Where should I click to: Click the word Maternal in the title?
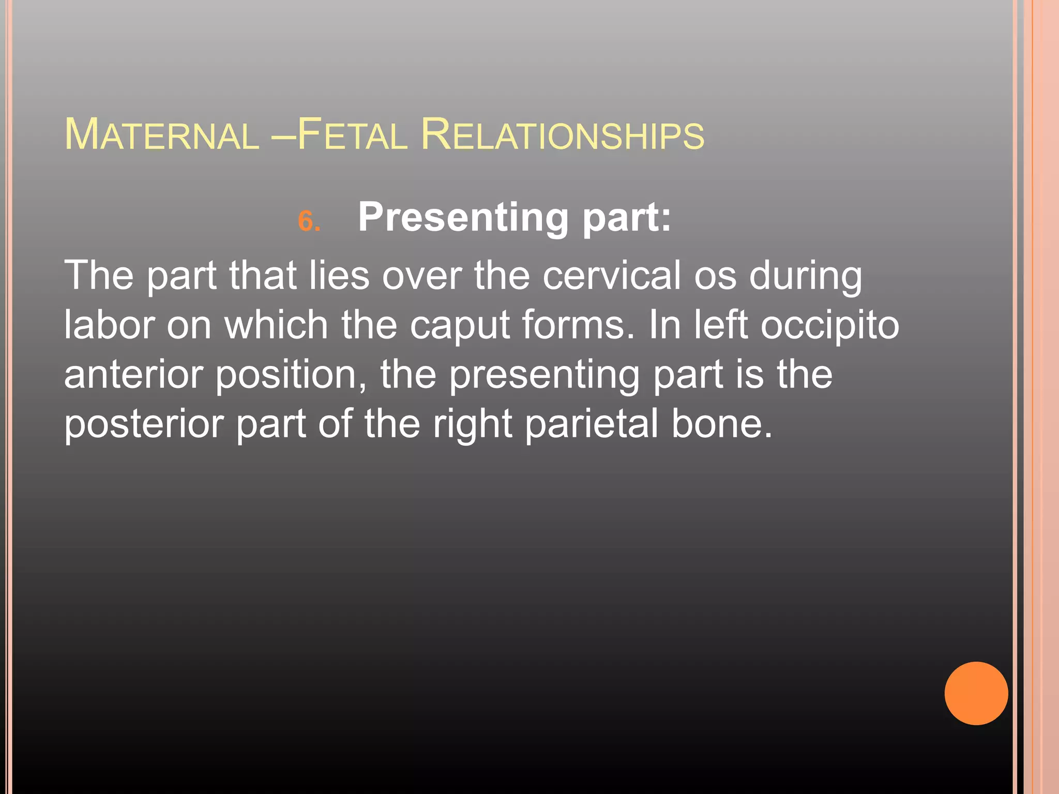tap(161, 135)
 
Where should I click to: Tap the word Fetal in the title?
tap(353, 135)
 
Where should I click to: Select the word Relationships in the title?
tap(562, 135)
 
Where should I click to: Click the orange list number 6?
tap(309, 221)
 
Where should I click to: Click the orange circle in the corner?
tap(976, 693)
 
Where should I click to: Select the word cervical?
tap(612, 276)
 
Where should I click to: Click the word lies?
tap(339, 276)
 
